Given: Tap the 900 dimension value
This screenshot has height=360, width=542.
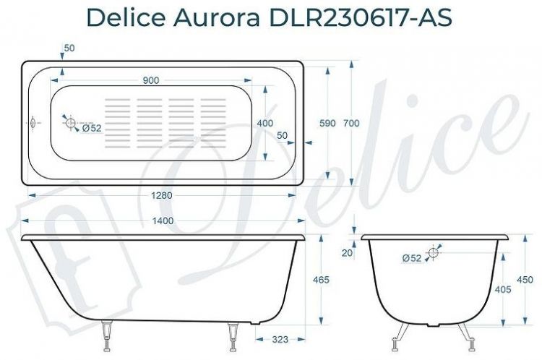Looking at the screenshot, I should (151, 80).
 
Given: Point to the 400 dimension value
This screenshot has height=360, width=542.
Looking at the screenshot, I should (265, 124).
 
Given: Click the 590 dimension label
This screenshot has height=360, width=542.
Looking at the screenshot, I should (327, 124).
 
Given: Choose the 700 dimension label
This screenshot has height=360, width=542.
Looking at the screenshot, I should (351, 124).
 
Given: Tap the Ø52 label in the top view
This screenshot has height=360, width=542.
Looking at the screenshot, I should (92, 128).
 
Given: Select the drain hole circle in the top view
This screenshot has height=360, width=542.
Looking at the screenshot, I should (71, 124).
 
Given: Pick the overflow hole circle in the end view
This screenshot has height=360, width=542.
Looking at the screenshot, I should (434, 252).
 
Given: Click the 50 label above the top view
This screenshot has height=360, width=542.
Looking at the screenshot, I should (69, 48).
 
